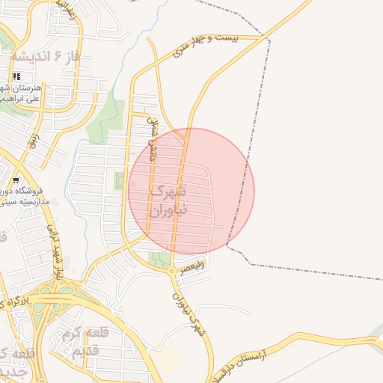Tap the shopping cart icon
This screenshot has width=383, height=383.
16,180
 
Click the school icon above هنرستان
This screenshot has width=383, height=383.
16,76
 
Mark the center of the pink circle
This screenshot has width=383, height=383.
191,191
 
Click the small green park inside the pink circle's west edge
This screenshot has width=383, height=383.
118,181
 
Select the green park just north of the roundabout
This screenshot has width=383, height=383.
159,260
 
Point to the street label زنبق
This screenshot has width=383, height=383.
31,142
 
